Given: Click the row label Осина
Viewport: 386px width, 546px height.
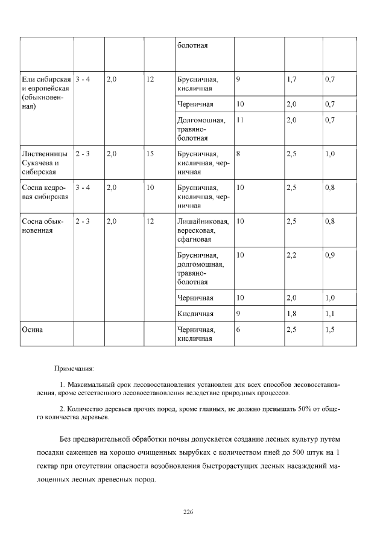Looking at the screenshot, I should pyautogui.click(x=31, y=330).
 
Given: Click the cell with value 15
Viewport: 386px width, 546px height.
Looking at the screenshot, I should pyautogui.click(x=150, y=154).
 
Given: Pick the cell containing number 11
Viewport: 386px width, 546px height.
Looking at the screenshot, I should pyautogui.click(x=240, y=121).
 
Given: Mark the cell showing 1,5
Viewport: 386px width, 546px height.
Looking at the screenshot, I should pyautogui.click(x=330, y=330).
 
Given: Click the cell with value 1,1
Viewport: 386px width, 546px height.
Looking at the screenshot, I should pyautogui.click(x=330, y=314).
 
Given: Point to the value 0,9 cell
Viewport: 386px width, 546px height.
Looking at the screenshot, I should pyautogui.click(x=330, y=255).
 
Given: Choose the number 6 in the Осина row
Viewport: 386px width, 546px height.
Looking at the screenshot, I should pyautogui.click(x=239, y=330).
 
